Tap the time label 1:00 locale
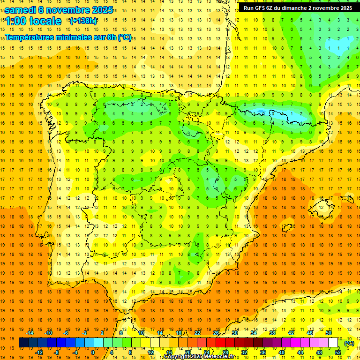33,21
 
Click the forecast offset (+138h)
83,21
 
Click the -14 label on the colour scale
30,333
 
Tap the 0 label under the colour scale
93,352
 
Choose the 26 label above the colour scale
216,333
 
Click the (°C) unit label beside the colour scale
349,343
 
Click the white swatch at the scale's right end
333,343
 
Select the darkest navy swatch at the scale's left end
23,343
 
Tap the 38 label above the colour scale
272,333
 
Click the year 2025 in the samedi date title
102,10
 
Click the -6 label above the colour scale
66,333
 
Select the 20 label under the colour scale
187,352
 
